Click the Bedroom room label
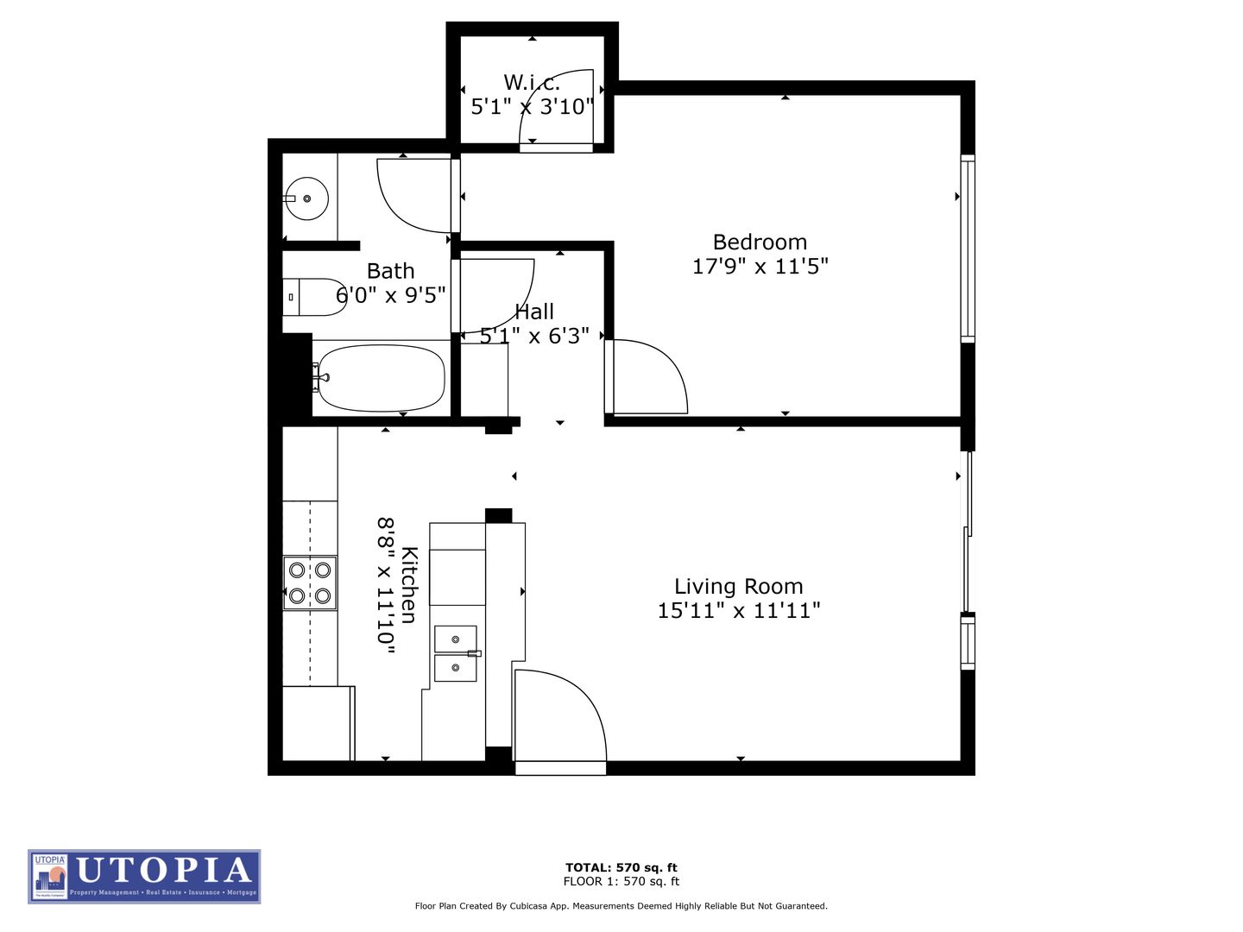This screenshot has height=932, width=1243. coord(760,242)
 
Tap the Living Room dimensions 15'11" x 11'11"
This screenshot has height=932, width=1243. coord(738,611)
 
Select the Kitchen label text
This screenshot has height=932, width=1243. coord(409,584)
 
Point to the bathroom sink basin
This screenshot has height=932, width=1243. coord(306,198)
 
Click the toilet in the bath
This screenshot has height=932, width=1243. coord(315,297)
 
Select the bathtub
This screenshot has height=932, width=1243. coord(381,378)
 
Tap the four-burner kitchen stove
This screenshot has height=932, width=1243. coord(310,582)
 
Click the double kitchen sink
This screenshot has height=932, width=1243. coord(455,653)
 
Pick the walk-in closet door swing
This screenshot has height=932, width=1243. coord(557,108)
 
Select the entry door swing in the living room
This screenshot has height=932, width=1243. coord(559,716)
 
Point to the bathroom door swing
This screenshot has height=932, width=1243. coord(414,195)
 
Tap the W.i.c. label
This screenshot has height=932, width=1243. coord(532,83)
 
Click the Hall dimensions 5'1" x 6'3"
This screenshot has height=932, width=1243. coord(534,336)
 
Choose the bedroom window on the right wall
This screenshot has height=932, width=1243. coord(968,249)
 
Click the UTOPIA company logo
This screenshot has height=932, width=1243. coord(144,876)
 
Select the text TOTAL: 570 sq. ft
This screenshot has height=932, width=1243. coord(621,867)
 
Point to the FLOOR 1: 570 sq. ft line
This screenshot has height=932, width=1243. coord(621,881)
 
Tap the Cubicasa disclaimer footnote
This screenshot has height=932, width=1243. coord(621,906)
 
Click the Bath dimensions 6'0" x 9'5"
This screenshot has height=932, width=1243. coord(390,295)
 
